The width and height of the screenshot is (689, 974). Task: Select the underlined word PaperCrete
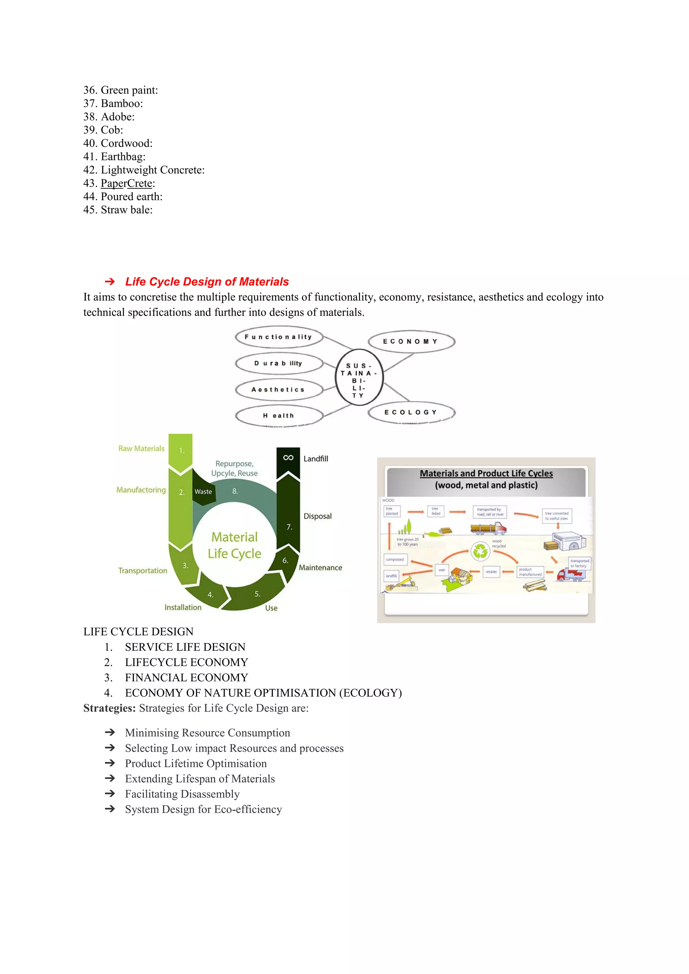126,183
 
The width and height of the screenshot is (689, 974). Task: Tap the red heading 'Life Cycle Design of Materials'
207,282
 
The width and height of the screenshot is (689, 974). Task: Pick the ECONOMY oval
411,341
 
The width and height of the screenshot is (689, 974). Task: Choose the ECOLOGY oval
411,412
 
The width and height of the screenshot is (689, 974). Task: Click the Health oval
279,416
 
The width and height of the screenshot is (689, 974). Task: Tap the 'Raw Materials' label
141,448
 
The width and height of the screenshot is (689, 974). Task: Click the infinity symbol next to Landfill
288,458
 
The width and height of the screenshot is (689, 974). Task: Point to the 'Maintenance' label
320,568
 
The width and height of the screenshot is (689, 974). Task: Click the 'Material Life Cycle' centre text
234,545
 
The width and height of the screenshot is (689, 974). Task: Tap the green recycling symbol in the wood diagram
481,551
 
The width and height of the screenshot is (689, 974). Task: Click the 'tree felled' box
436,511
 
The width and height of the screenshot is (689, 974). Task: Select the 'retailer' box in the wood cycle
491,572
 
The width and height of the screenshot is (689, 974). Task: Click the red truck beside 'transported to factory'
571,574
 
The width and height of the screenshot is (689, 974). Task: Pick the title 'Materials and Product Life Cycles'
486,474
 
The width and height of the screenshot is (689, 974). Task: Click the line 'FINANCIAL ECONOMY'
187,677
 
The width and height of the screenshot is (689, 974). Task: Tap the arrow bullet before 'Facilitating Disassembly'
110,794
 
